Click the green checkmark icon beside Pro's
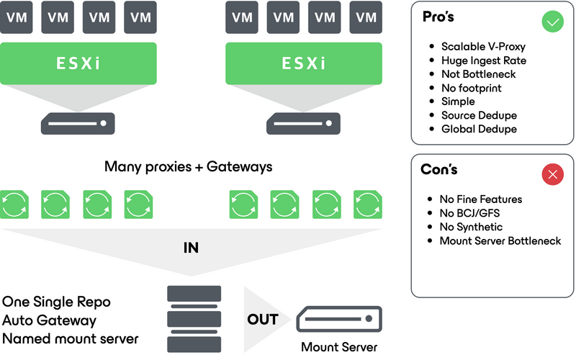tap(552, 22)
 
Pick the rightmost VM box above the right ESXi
tap(369, 17)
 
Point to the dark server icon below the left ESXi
tap(77, 123)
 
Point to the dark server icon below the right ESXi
tap(303, 123)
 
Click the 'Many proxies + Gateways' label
tap(189, 167)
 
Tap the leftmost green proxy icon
tap(14, 204)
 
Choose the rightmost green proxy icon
tap(366, 204)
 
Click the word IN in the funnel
tap(191, 248)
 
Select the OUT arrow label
tap(263, 319)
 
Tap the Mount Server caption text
tap(339, 347)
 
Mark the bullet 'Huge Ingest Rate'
tap(483, 60)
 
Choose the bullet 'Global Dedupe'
tap(479, 129)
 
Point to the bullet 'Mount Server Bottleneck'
tap(500, 240)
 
